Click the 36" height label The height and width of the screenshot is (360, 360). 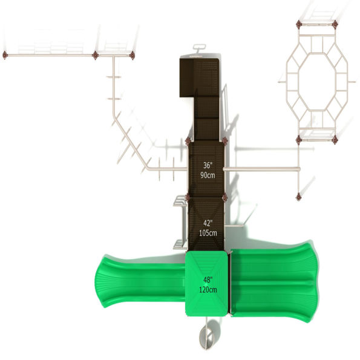click(208, 165)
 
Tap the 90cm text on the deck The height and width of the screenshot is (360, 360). click(208, 175)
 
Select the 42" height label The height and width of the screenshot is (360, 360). click(208, 223)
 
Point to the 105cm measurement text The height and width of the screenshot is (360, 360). click(208, 233)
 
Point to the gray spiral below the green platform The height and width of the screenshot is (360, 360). click(206, 335)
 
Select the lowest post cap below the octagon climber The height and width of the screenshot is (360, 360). click(298, 197)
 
